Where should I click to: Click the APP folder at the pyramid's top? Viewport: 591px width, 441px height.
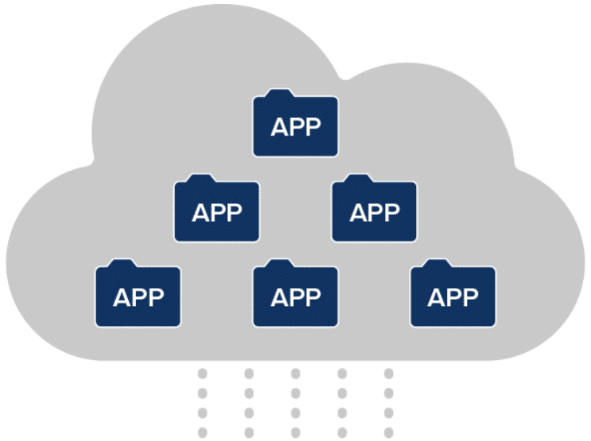tap(295, 126)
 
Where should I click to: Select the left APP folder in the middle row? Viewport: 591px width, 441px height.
tap(217, 211)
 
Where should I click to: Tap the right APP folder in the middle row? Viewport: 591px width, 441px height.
tap(374, 211)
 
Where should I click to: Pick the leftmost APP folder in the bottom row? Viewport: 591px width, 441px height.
tap(138, 296)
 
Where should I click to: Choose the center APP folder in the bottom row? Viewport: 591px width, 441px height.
tap(295, 296)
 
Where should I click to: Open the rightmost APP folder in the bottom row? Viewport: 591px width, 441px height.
tap(453, 296)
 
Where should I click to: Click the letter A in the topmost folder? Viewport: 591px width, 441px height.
tap(279, 128)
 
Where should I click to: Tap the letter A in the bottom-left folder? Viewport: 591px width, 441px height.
tap(122, 297)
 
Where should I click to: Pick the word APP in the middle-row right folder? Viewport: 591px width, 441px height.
tap(374, 213)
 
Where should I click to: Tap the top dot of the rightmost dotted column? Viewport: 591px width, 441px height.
tap(388, 374)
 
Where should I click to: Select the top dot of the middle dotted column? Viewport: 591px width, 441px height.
tap(295, 374)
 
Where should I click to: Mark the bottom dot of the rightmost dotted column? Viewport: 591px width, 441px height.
tap(388, 432)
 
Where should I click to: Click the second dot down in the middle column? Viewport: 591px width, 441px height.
tap(295, 393)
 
